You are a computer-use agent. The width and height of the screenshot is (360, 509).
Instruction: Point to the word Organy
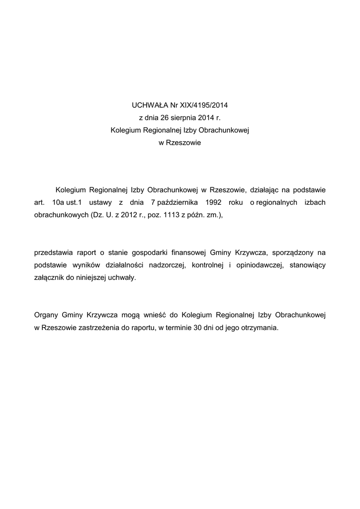[x=46, y=315]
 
